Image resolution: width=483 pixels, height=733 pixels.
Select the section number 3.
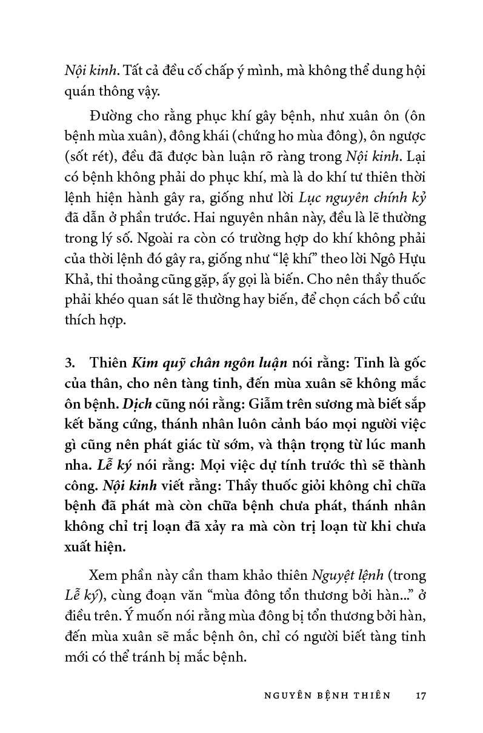[68, 363]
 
